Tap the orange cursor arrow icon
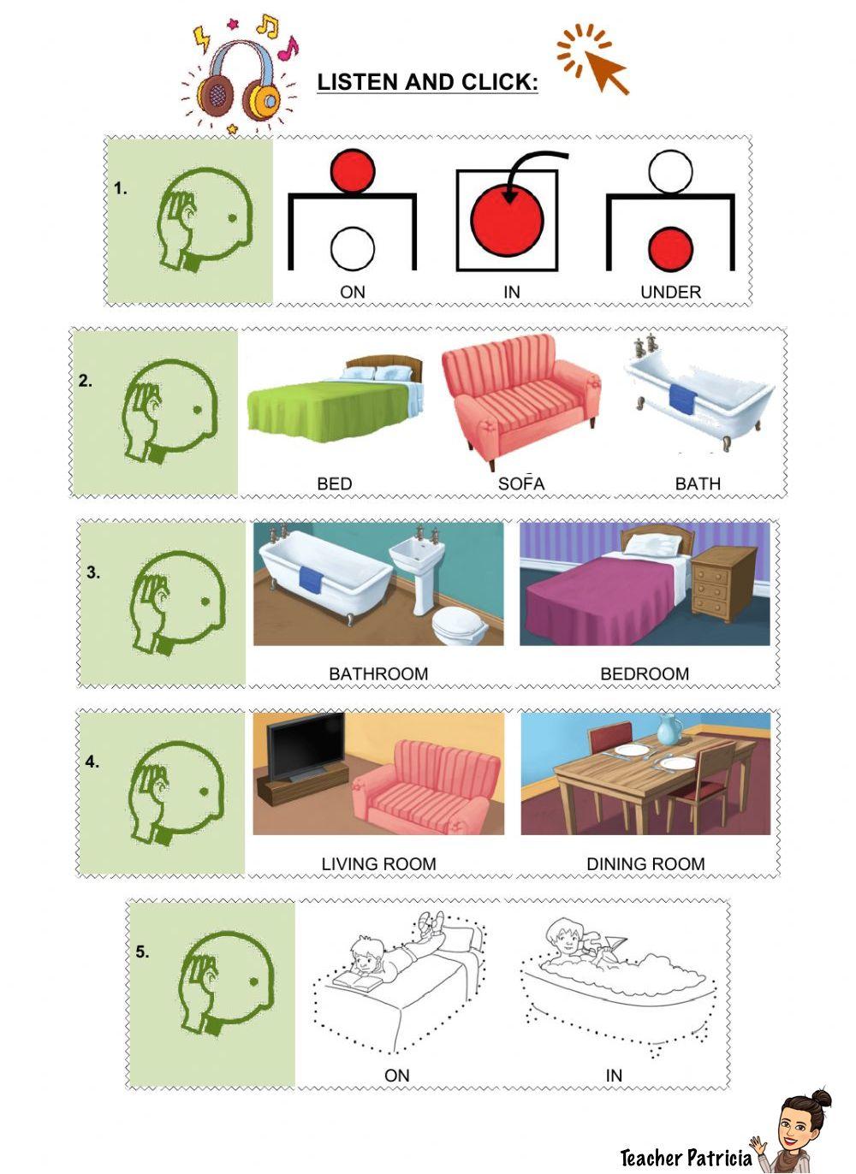click(594, 59)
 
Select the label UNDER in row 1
click(670, 292)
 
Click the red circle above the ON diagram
click(353, 171)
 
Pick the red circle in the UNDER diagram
click(670, 250)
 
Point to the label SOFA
click(521, 483)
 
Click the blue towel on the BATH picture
click(681, 400)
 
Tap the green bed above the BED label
click(336, 399)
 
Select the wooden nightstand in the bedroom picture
click(722, 583)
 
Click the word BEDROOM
click(645, 673)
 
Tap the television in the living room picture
click(306, 746)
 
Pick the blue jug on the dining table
click(670, 728)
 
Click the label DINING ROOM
click(645, 863)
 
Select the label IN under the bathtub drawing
click(614, 1076)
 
